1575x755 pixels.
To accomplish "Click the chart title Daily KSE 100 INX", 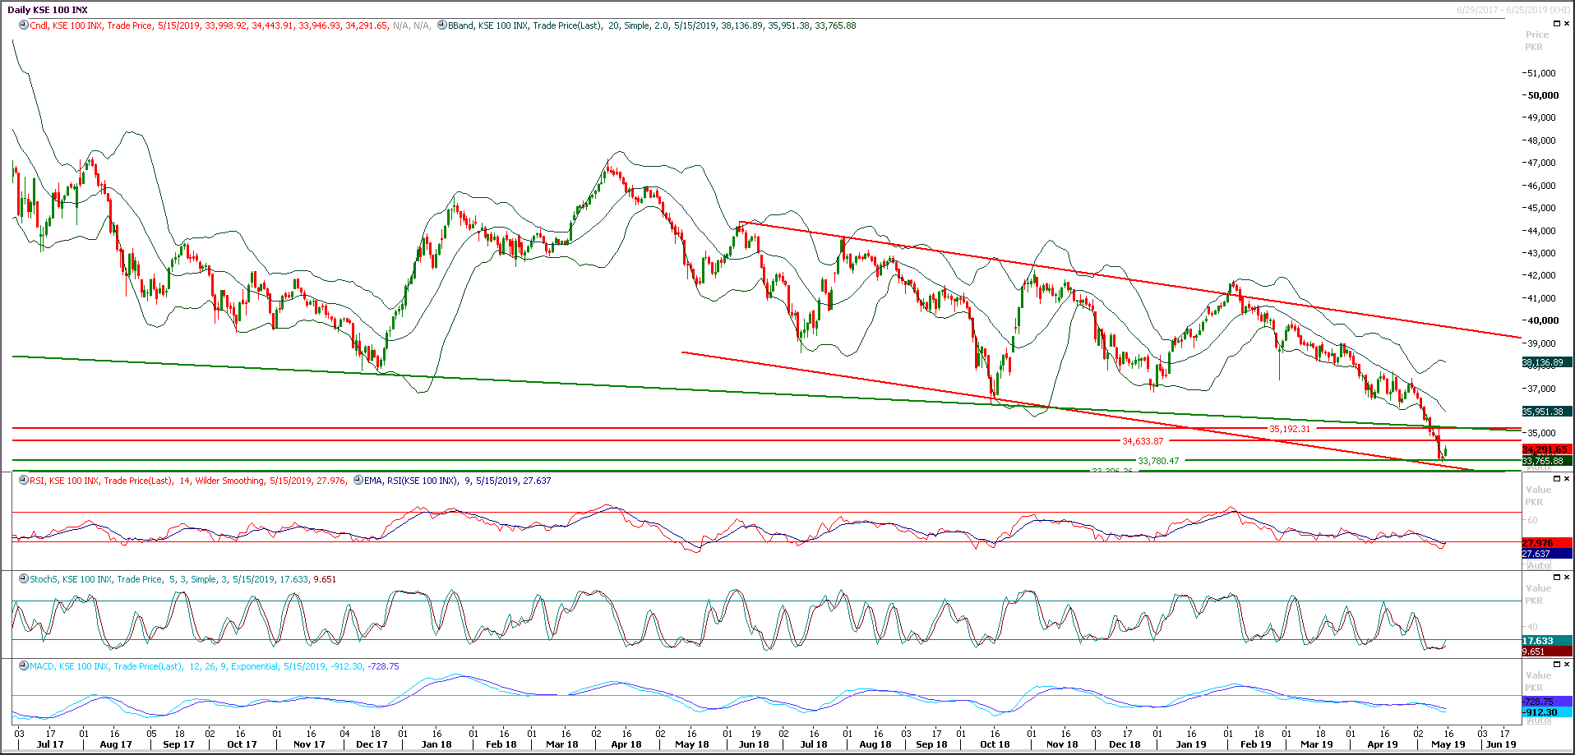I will pyautogui.click(x=48, y=10).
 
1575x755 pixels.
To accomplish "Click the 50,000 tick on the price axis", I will pyautogui.click(x=1543, y=95).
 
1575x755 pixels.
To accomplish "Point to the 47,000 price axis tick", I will pyautogui.click(x=1542, y=163).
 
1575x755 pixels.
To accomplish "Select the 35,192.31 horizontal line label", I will pyautogui.click(x=1290, y=429).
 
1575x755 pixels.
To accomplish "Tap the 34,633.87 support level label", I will pyautogui.click(x=1143, y=441).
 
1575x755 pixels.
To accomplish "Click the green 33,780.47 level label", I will pyautogui.click(x=1158, y=461).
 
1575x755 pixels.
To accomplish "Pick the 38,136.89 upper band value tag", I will pyautogui.click(x=1543, y=362).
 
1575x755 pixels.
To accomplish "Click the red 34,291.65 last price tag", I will pyautogui.click(x=1545, y=449).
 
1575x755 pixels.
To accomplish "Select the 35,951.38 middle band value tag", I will pyautogui.click(x=1543, y=412).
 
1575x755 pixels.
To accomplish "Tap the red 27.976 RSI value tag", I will pyautogui.click(x=1538, y=543).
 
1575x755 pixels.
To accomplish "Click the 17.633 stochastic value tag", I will pyautogui.click(x=1538, y=641).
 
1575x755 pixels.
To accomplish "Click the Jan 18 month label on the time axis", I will pyautogui.click(x=436, y=744).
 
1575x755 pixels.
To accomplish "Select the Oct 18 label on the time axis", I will pyautogui.click(x=995, y=744).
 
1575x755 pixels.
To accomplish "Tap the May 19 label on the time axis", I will pyautogui.click(x=1448, y=744).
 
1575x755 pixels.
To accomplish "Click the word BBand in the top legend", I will pyautogui.click(x=461, y=25).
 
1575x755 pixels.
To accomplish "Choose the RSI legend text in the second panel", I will pyautogui.click(x=37, y=481).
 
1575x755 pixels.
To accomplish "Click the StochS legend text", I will pyautogui.click(x=44, y=579).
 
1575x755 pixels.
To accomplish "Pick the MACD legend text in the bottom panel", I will pyautogui.click(x=42, y=666).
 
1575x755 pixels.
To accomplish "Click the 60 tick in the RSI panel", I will pyautogui.click(x=1532, y=520).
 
